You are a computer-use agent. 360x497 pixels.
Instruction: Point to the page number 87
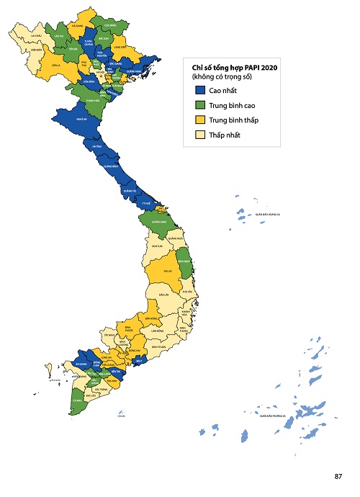click(x=338, y=476)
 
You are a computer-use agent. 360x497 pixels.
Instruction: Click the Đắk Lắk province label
click(x=163, y=295)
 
